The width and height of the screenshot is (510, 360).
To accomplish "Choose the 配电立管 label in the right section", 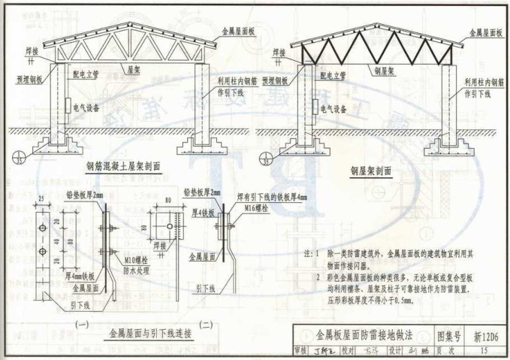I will pos(331,76).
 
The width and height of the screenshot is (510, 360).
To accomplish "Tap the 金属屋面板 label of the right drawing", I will pos(485,33).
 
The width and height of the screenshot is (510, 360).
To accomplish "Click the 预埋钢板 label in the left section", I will pos(29,77).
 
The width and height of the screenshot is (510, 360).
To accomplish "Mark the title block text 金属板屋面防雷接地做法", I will pos(364,334).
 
